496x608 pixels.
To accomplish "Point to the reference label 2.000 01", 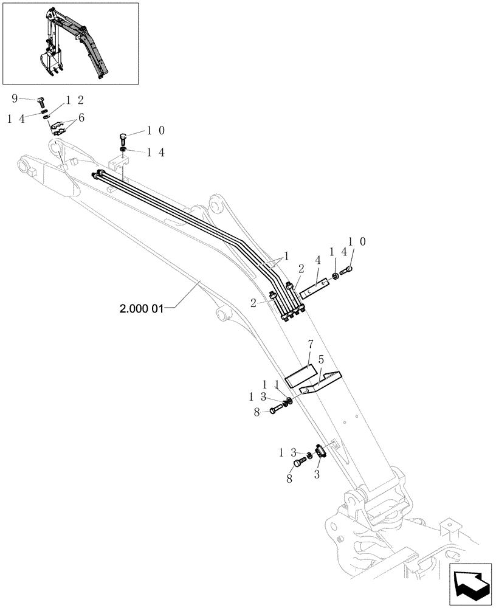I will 142,309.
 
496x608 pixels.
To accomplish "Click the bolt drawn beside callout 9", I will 42,101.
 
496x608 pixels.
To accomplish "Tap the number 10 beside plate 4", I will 356,242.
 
